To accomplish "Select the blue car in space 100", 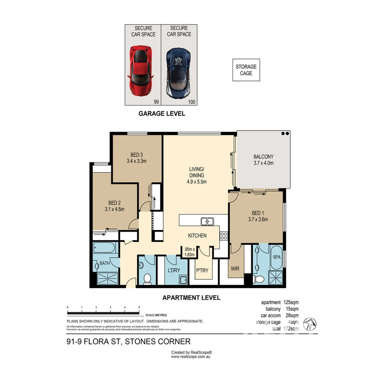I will pyautogui.click(x=178, y=73).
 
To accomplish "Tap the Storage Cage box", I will pyautogui.click(x=246, y=70).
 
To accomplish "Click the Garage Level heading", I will pyautogui.click(x=162, y=114).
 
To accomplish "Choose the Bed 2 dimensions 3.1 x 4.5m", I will pyautogui.click(x=114, y=209).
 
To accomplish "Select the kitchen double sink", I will pyautogui.click(x=207, y=222).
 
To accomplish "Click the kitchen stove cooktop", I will pyautogui.click(x=224, y=235).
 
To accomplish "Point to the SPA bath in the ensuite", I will pyautogui.click(x=276, y=257).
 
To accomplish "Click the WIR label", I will pyautogui.click(x=235, y=269).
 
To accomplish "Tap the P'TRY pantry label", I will pyautogui.click(x=202, y=270).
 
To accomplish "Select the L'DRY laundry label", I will pyautogui.click(x=173, y=270).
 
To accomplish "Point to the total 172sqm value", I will pyautogui.click(x=291, y=329).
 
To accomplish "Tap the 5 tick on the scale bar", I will pyautogui.click(x=139, y=308).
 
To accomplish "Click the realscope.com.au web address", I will pyautogui.click(x=191, y=357).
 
